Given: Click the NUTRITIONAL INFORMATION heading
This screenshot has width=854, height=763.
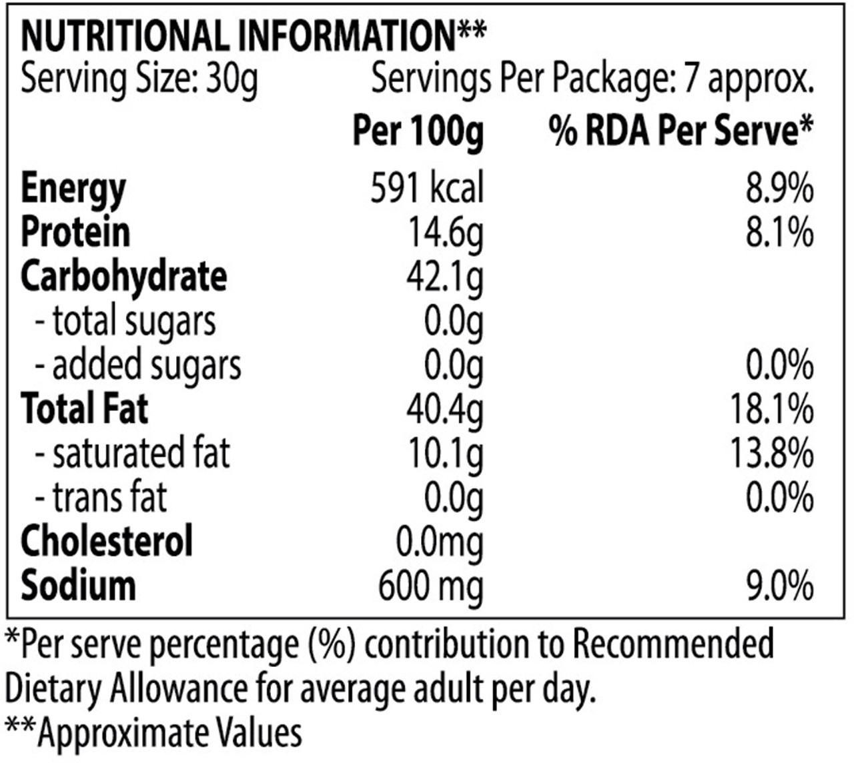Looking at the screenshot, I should (x=254, y=36).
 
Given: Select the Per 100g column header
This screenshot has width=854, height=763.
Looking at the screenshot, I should (x=418, y=131).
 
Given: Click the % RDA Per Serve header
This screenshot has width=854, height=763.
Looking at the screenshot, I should (x=681, y=131).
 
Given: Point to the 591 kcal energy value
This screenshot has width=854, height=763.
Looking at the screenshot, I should (x=427, y=188).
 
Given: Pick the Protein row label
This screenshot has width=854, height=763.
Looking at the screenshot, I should (x=75, y=232).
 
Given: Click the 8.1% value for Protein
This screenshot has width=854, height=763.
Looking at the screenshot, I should (x=779, y=232).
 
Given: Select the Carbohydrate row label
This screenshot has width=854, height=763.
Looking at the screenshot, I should (x=123, y=276).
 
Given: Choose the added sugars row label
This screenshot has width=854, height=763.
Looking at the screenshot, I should (x=138, y=365).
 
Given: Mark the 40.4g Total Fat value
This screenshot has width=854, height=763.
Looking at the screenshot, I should (x=444, y=410).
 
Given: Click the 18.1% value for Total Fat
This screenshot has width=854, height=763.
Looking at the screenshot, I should (x=771, y=410).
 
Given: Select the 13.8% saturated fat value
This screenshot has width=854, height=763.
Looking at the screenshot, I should (x=771, y=454).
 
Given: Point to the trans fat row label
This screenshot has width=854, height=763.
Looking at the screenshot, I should (x=101, y=498).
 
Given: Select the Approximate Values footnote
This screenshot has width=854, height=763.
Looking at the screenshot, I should (x=153, y=732).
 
